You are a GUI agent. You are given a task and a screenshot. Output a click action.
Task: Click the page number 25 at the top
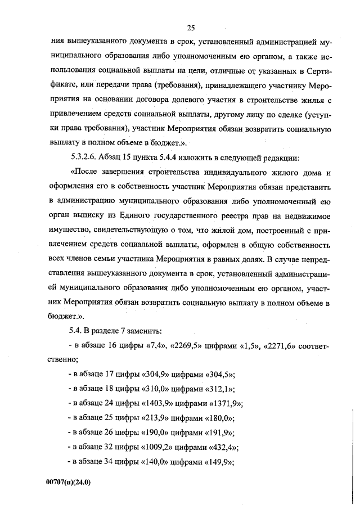191,28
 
